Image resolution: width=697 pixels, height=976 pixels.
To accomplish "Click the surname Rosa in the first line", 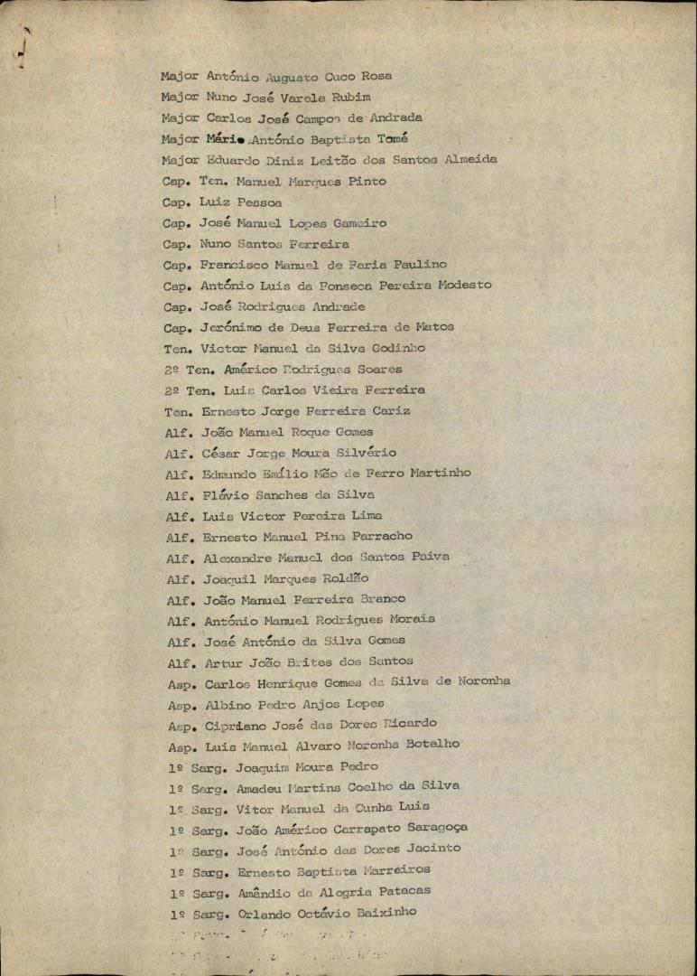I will click(x=377, y=77).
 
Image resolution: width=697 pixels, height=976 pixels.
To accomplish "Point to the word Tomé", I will click(x=388, y=139).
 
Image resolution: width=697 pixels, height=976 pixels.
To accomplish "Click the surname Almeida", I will click(x=469, y=159).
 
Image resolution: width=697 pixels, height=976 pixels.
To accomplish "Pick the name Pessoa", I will click(x=259, y=202).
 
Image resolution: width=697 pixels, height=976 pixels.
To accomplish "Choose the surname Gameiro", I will click(x=357, y=223).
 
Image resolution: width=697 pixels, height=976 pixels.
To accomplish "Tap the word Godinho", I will click(x=395, y=348).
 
